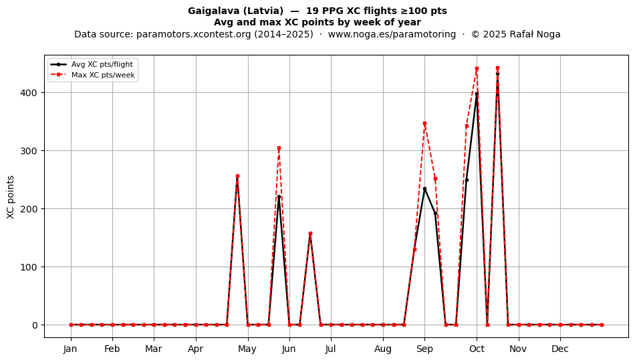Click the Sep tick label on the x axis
(424, 349)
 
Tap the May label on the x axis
(247, 349)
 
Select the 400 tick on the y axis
(29, 93)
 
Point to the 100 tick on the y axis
(29, 267)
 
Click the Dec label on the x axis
(560, 349)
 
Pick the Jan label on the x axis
(70, 349)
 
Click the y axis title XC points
(11, 197)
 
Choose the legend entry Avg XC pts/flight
(102, 64)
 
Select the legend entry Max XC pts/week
(103, 75)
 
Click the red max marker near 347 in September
(424, 124)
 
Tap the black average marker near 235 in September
(424, 188)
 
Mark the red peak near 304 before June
(279, 148)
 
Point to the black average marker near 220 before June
(279, 197)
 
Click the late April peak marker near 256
(237, 176)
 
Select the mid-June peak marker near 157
(310, 234)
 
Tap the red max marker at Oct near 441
(477, 69)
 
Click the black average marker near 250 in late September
(467, 180)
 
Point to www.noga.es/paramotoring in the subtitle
(392, 34)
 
